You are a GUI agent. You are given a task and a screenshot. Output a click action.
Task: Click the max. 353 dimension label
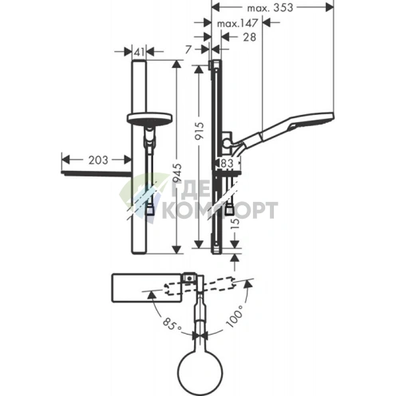pyautogui.click(x=270, y=8)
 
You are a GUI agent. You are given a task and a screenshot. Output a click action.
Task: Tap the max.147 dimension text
pyautogui.click(x=237, y=23)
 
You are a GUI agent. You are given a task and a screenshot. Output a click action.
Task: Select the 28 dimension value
pyautogui.click(x=249, y=37)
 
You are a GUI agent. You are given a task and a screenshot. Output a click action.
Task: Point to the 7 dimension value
pyautogui.click(x=188, y=49)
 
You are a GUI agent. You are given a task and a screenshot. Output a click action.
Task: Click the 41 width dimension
pyautogui.click(x=139, y=52)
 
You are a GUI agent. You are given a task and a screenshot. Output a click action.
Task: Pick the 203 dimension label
pyautogui.click(x=98, y=160)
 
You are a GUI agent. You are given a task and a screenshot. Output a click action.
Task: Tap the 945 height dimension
pyautogui.click(x=177, y=172)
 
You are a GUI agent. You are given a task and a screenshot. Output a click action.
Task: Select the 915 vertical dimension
pyautogui.click(x=200, y=130)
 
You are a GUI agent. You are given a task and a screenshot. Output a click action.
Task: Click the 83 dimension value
pyautogui.click(x=227, y=163)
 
